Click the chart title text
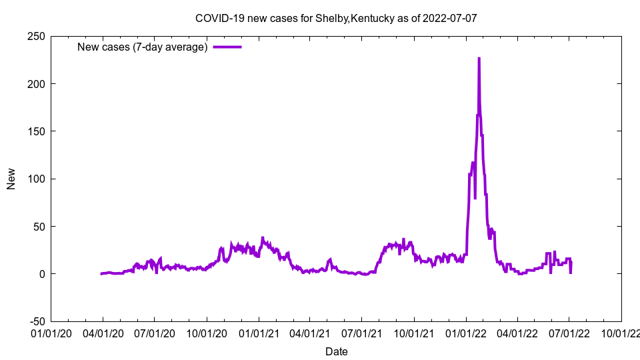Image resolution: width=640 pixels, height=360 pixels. coord(336,18)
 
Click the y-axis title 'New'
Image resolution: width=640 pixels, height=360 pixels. coord(11,179)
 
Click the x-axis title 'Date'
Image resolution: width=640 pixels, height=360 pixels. coord(336,351)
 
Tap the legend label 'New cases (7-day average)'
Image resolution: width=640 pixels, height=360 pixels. coord(143,47)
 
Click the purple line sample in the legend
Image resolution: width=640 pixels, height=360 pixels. coord(227,47)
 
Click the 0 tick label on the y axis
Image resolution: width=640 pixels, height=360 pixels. coord(41,274)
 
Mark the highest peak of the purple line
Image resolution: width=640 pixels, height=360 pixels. coord(479,59)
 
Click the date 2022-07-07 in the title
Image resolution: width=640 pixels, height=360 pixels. coord(449,18)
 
